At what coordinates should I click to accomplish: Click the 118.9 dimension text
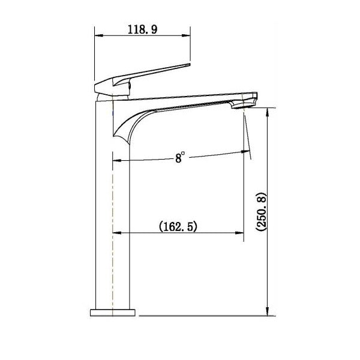tap(142, 30)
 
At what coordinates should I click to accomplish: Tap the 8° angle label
tap(180, 157)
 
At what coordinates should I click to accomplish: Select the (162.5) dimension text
tap(178, 226)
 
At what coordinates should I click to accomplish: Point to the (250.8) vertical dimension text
tap(261, 212)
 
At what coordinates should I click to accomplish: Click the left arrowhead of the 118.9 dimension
tap(99, 35)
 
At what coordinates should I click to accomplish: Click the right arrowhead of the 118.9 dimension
tap(186, 35)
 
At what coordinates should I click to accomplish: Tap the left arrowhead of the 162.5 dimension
tap(117, 233)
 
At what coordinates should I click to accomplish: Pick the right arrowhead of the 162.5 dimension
tap(239, 233)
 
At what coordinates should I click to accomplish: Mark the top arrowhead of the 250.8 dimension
tap(267, 112)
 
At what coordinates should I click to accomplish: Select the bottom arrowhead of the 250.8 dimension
tap(267, 311)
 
